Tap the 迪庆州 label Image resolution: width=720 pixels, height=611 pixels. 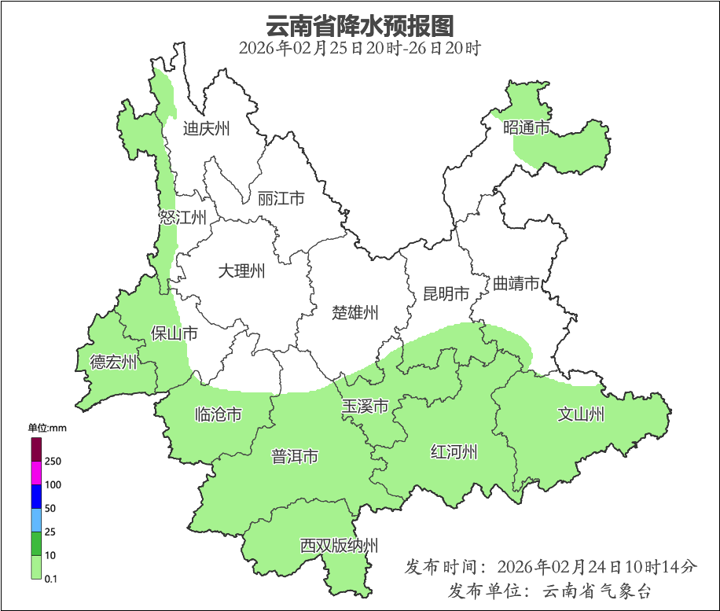tap(206, 128)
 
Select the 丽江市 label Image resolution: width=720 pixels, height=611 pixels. tap(281, 199)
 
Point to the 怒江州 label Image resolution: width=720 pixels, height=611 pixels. tap(182, 218)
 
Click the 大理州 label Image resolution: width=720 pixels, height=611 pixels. tap(241, 272)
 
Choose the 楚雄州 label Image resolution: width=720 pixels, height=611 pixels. tap(354, 312)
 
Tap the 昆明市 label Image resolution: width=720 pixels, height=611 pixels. tap(446, 294)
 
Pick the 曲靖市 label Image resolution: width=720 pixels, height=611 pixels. tap(516, 284)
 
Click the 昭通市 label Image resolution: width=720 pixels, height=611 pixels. tap(526, 127)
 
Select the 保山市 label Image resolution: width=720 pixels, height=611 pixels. tap(174, 333)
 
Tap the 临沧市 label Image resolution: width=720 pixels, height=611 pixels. tap(218, 414)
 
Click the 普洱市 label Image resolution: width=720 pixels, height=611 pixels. tap(295, 456)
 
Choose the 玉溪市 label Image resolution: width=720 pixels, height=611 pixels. tap(365, 407)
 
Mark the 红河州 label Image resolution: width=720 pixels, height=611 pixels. tap(454, 452)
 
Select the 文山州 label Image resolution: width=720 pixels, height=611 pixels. tap(581, 414)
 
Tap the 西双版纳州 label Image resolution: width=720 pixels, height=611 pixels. tap(339, 546)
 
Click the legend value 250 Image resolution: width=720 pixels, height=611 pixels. tap(53, 461)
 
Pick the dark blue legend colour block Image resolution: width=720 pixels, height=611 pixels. tap(36, 496)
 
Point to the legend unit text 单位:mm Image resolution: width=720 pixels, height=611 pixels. tap(48, 428)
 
